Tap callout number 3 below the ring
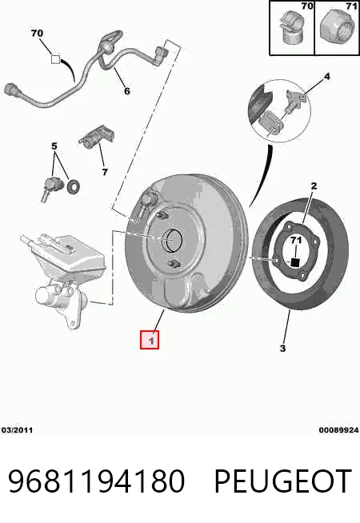click(x=282, y=349)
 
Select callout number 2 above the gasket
click(x=314, y=186)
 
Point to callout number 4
click(x=327, y=77)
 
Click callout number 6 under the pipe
click(x=126, y=90)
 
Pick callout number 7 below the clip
click(x=105, y=172)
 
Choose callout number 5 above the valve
click(x=54, y=146)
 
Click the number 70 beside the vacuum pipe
click(x=37, y=34)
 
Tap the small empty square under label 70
click(x=55, y=59)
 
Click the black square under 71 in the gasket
click(x=295, y=262)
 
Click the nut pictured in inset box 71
click(x=336, y=27)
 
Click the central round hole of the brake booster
click(x=172, y=241)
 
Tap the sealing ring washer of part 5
click(x=73, y=186)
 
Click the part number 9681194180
click(x=97, y=481)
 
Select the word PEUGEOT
click(x=282, y=481)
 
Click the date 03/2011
click(x=18, y=430)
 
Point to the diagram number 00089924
click(x=338, y=430)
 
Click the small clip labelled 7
click(x=97, y=137)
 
